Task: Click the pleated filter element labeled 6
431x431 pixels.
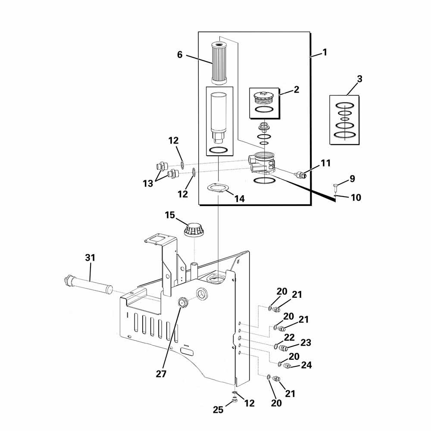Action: pyautogui.click(x=219, y=62)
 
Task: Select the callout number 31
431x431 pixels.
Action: pyautogui.click(x=90, y=258)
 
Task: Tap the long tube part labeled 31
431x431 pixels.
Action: pyautogui.click(x=88, y=285)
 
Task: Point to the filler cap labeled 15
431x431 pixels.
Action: pyautogui.click(x=195, y=229)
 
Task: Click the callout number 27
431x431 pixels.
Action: pyautogui.click(x=161, y=374)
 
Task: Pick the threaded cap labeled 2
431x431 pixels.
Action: pyautogui.click(x=264, y=98)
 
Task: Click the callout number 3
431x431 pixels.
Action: pyautogui.click(x=359, y=79)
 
